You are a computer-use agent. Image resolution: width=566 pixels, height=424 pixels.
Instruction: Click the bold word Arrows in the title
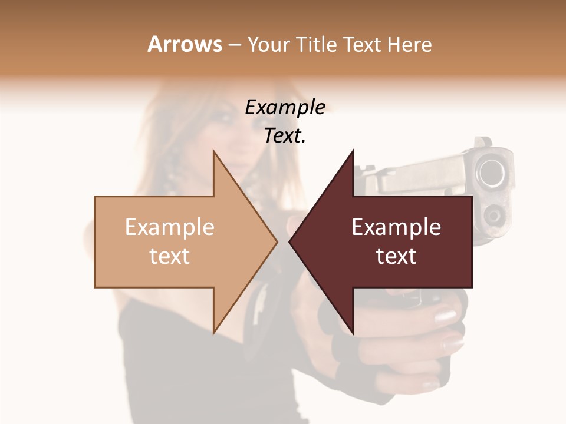[x=185, y=44]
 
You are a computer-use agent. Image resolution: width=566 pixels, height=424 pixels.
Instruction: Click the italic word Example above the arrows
[x=285, y=107]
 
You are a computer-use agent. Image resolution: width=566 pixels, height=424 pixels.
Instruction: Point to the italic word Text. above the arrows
[x=285, y=135]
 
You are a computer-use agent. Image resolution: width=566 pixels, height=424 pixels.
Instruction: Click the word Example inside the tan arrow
[x=170, y=227]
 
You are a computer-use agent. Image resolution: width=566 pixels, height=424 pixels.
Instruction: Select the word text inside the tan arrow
[x=170, y=256]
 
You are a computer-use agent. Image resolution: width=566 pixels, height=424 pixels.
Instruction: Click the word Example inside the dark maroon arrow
[x=396, y=227]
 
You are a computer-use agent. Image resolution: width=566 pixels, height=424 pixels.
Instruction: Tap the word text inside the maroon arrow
[x=396, y=256]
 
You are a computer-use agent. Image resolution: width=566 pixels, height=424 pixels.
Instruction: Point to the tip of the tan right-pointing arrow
[x=277, y=241]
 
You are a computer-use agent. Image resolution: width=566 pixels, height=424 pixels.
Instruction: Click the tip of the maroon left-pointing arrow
[x=289, y=241]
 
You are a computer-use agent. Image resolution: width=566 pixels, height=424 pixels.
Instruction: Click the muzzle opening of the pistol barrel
[x=491, y=173]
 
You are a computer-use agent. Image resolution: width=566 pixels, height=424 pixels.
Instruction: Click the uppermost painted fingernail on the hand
[x=446, y=316]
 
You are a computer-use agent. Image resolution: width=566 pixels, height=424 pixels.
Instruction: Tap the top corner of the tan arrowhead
[x=213, y=150]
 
